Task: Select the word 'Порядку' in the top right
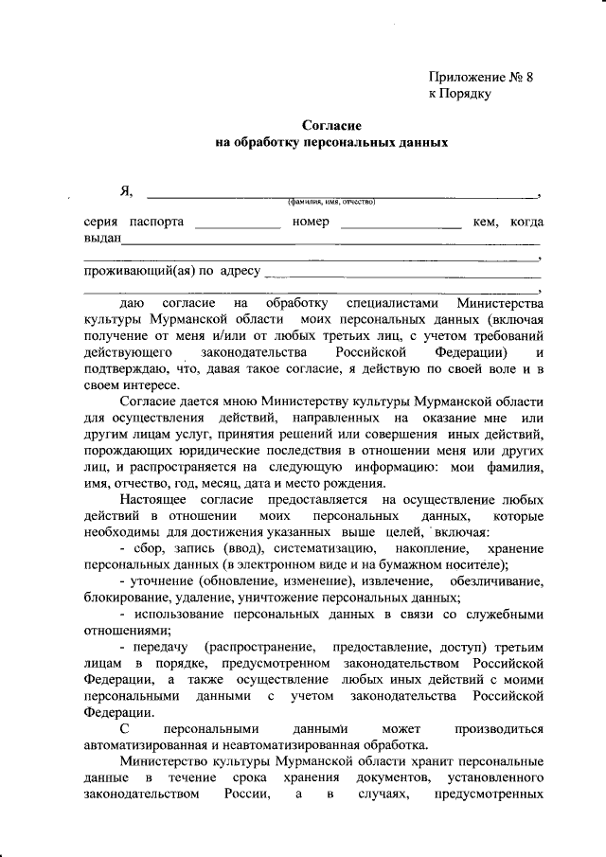tap(466, 94)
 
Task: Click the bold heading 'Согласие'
tap(331, 125)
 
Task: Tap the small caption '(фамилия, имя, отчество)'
tap(332, 201)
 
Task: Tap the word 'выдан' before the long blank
tap(101, 239)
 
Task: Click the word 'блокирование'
tap(128, 598)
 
